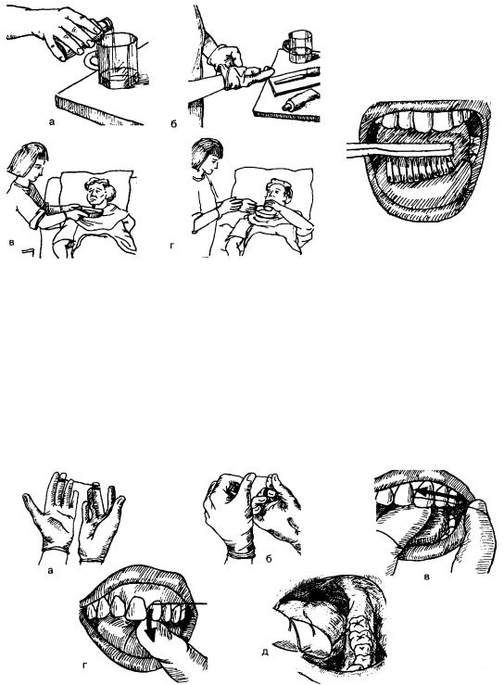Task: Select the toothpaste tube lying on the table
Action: tap(300, 99)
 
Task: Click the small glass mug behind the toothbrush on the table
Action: tap(298, 46)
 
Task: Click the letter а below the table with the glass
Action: tap(52, 121)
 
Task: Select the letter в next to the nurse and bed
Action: tap(11, 242)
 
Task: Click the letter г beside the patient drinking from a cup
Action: tap(172, 247)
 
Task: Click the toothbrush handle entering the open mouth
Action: tap(398, 149)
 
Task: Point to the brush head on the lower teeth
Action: tap(419, 167)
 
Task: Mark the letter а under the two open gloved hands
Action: tap(50, 570)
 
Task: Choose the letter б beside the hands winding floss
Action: tap(269, 558)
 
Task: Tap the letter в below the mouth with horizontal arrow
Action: tap(427, 577)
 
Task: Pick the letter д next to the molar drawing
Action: tap(265, 653)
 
